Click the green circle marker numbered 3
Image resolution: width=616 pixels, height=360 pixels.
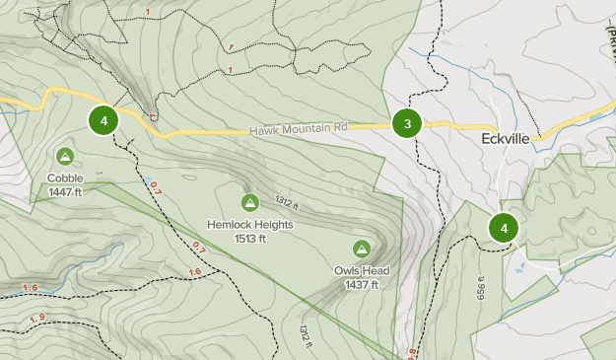pos(407,123)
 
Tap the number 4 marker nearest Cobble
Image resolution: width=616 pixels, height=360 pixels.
pos(103,120)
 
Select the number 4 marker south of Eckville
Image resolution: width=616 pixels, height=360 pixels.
pos(504,228)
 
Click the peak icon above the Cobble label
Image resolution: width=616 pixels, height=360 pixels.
pos(65,156)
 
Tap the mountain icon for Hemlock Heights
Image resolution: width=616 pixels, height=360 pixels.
pos(249,202)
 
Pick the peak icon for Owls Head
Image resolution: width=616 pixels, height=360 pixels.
pos(361,249)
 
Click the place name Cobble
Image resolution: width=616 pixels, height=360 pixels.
pos(65,179)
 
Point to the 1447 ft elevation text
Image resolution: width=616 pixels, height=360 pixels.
pos(65,191)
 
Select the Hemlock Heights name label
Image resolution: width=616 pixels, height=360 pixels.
pos(249,225)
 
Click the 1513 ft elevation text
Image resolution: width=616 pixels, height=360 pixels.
pos(249,238)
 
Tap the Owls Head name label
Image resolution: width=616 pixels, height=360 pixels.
pos(361,271)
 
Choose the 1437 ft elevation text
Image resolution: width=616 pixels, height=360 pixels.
pos(361,284)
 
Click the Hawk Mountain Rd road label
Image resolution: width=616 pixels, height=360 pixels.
pos(299,128)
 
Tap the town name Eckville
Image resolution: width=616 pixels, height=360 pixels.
pos(507,139)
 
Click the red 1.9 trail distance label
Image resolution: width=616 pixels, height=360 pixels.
pos(38,318)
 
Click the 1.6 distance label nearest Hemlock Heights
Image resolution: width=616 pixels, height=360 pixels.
pos(194,272)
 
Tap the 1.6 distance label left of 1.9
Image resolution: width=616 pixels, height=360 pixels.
pos(29,288)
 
